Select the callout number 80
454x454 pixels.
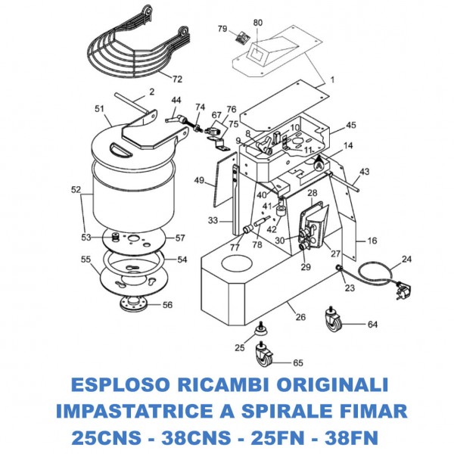[x=257, y=23]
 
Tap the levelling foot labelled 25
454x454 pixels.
[x=260, y=328]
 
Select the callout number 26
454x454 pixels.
[x=300, y=317]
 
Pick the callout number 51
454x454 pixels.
[x=98, y=110]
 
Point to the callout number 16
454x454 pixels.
[x=372, y=241]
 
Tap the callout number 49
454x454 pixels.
[x=199, y=181]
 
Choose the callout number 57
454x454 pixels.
[x=180, y=238]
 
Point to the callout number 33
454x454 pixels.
[x=214, y=220]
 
